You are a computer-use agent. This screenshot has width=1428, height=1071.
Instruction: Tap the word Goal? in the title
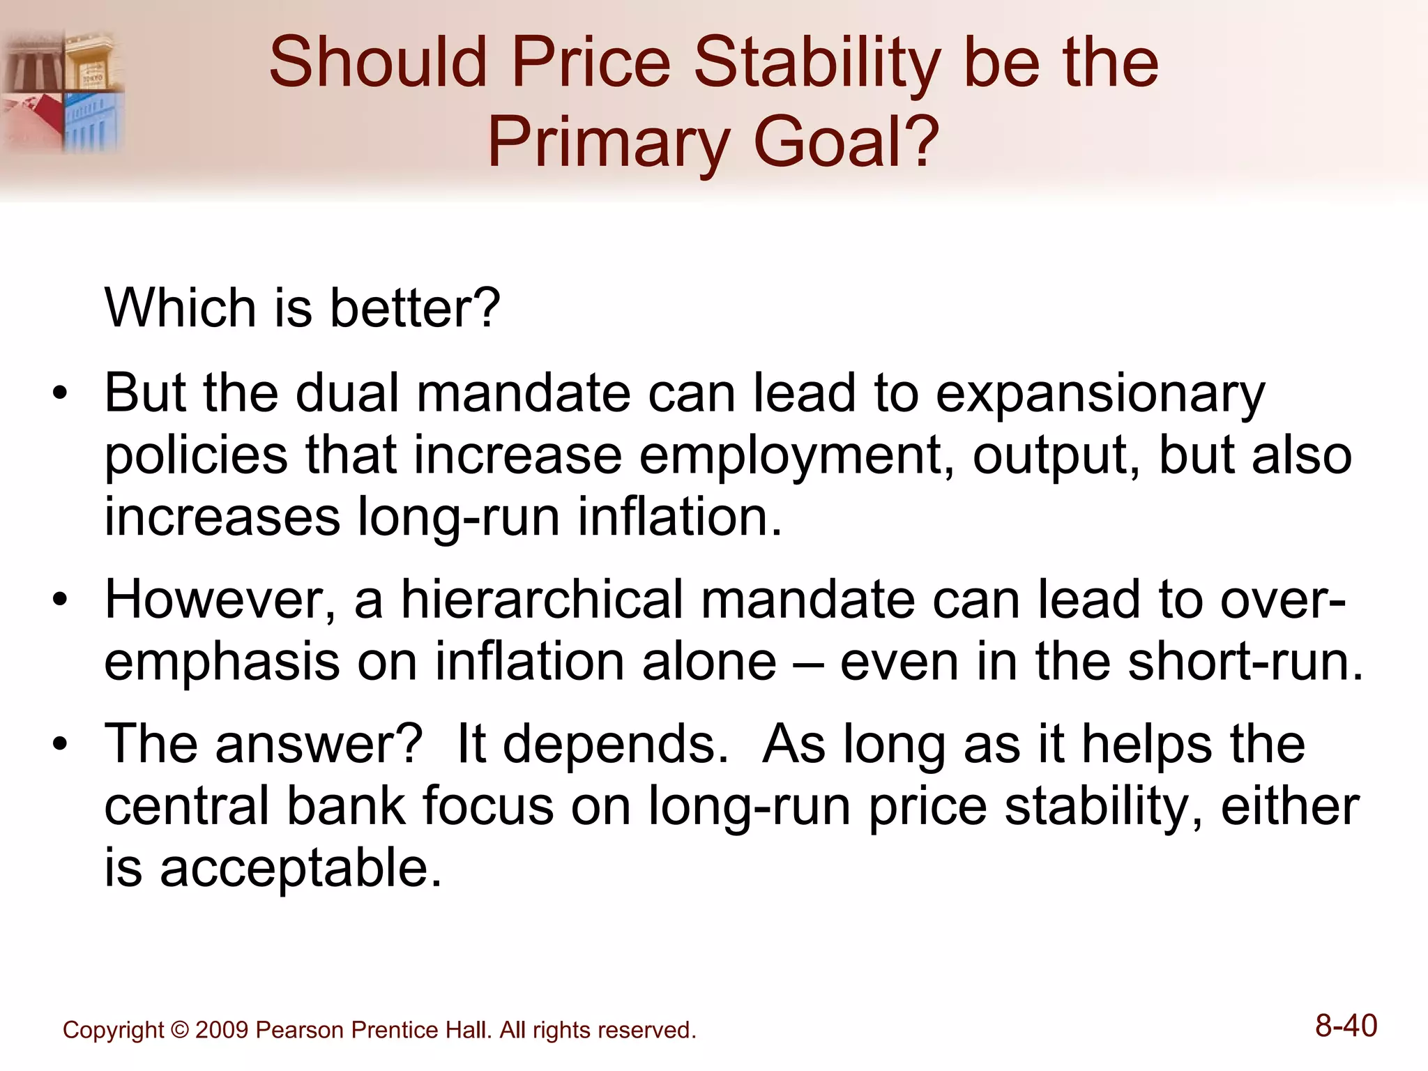[846, 143]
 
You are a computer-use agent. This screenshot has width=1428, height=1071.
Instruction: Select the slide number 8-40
[1346, 1026]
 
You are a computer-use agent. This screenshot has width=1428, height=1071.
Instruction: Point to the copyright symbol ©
[179, 1030]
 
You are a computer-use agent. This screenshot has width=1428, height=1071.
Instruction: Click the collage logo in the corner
[63, 91]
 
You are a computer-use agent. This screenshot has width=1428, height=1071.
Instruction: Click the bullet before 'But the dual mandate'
[61, 393]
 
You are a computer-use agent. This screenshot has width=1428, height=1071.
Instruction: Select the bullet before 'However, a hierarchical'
[61, 600]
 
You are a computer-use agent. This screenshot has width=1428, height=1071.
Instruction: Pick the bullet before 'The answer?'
[61, 744]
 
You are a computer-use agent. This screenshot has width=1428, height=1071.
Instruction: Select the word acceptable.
[301, 869]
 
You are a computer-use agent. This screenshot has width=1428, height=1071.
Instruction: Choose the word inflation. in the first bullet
[680, 517]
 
